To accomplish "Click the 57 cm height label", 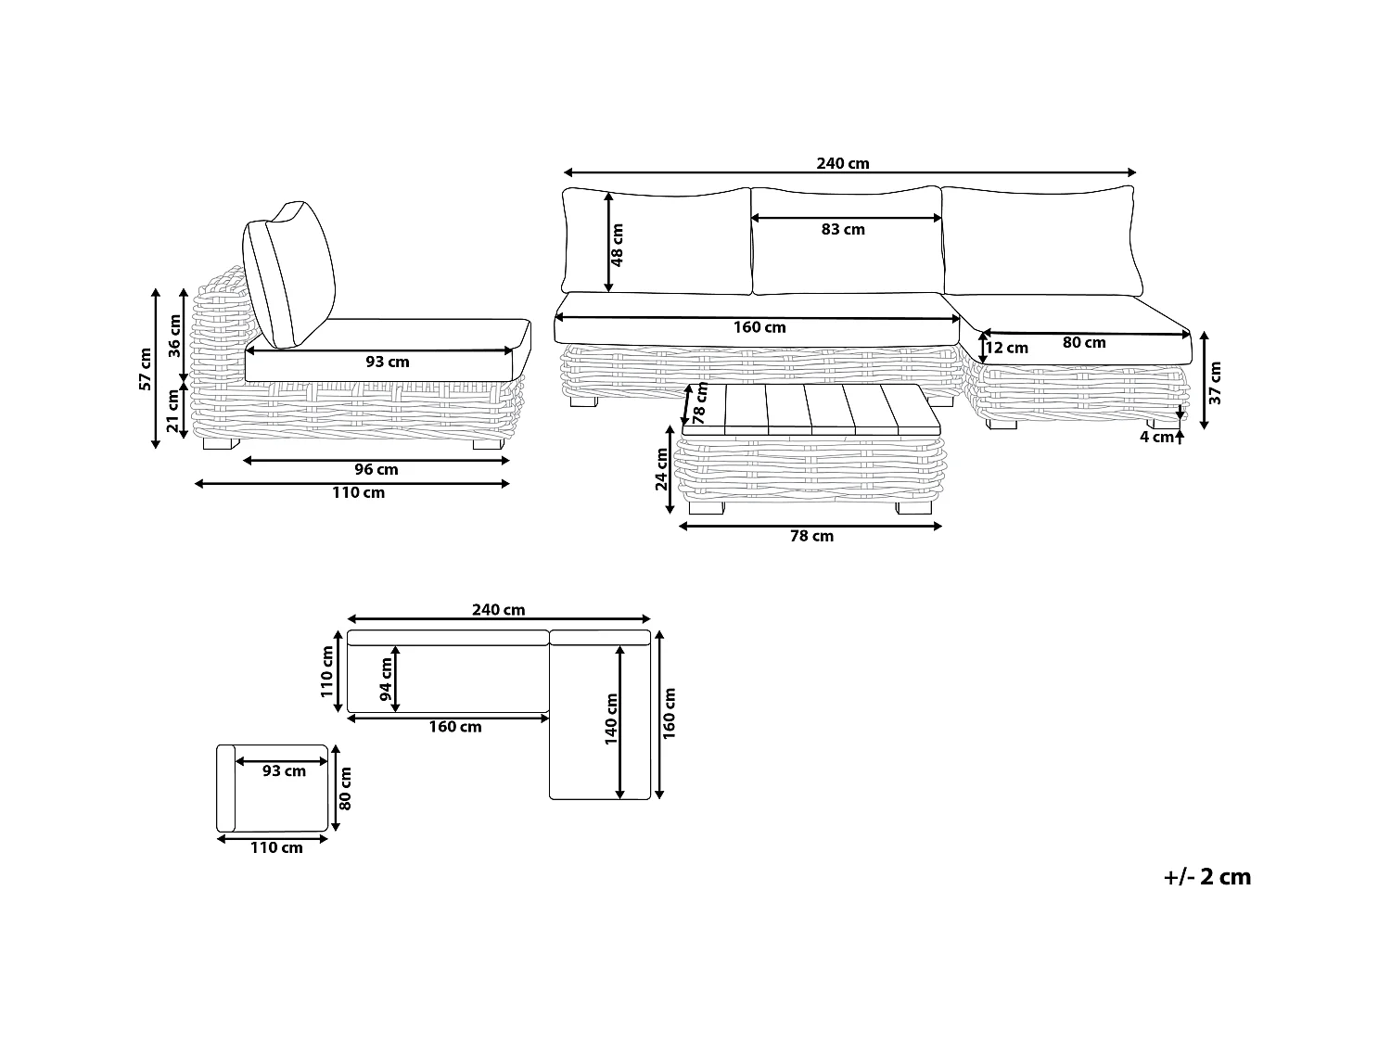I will point(145,369).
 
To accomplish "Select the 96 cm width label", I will point(376,470).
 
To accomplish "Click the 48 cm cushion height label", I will point(618,244).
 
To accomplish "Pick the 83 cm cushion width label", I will point(843,230).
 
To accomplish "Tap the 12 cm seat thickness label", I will point(1006,349).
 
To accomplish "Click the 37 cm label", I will point(1216,382).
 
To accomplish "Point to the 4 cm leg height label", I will point(1156,438).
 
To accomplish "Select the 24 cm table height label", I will point(661,469).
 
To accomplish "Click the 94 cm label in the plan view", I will point(387,679).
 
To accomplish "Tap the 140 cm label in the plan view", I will point(611,719).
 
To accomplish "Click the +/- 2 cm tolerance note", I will point(1206,877).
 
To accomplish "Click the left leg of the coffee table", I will point(705,508).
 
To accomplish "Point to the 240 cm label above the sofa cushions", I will point(843,164).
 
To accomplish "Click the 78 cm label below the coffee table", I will point(810,537).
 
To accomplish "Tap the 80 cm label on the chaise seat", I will point(1084,343).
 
